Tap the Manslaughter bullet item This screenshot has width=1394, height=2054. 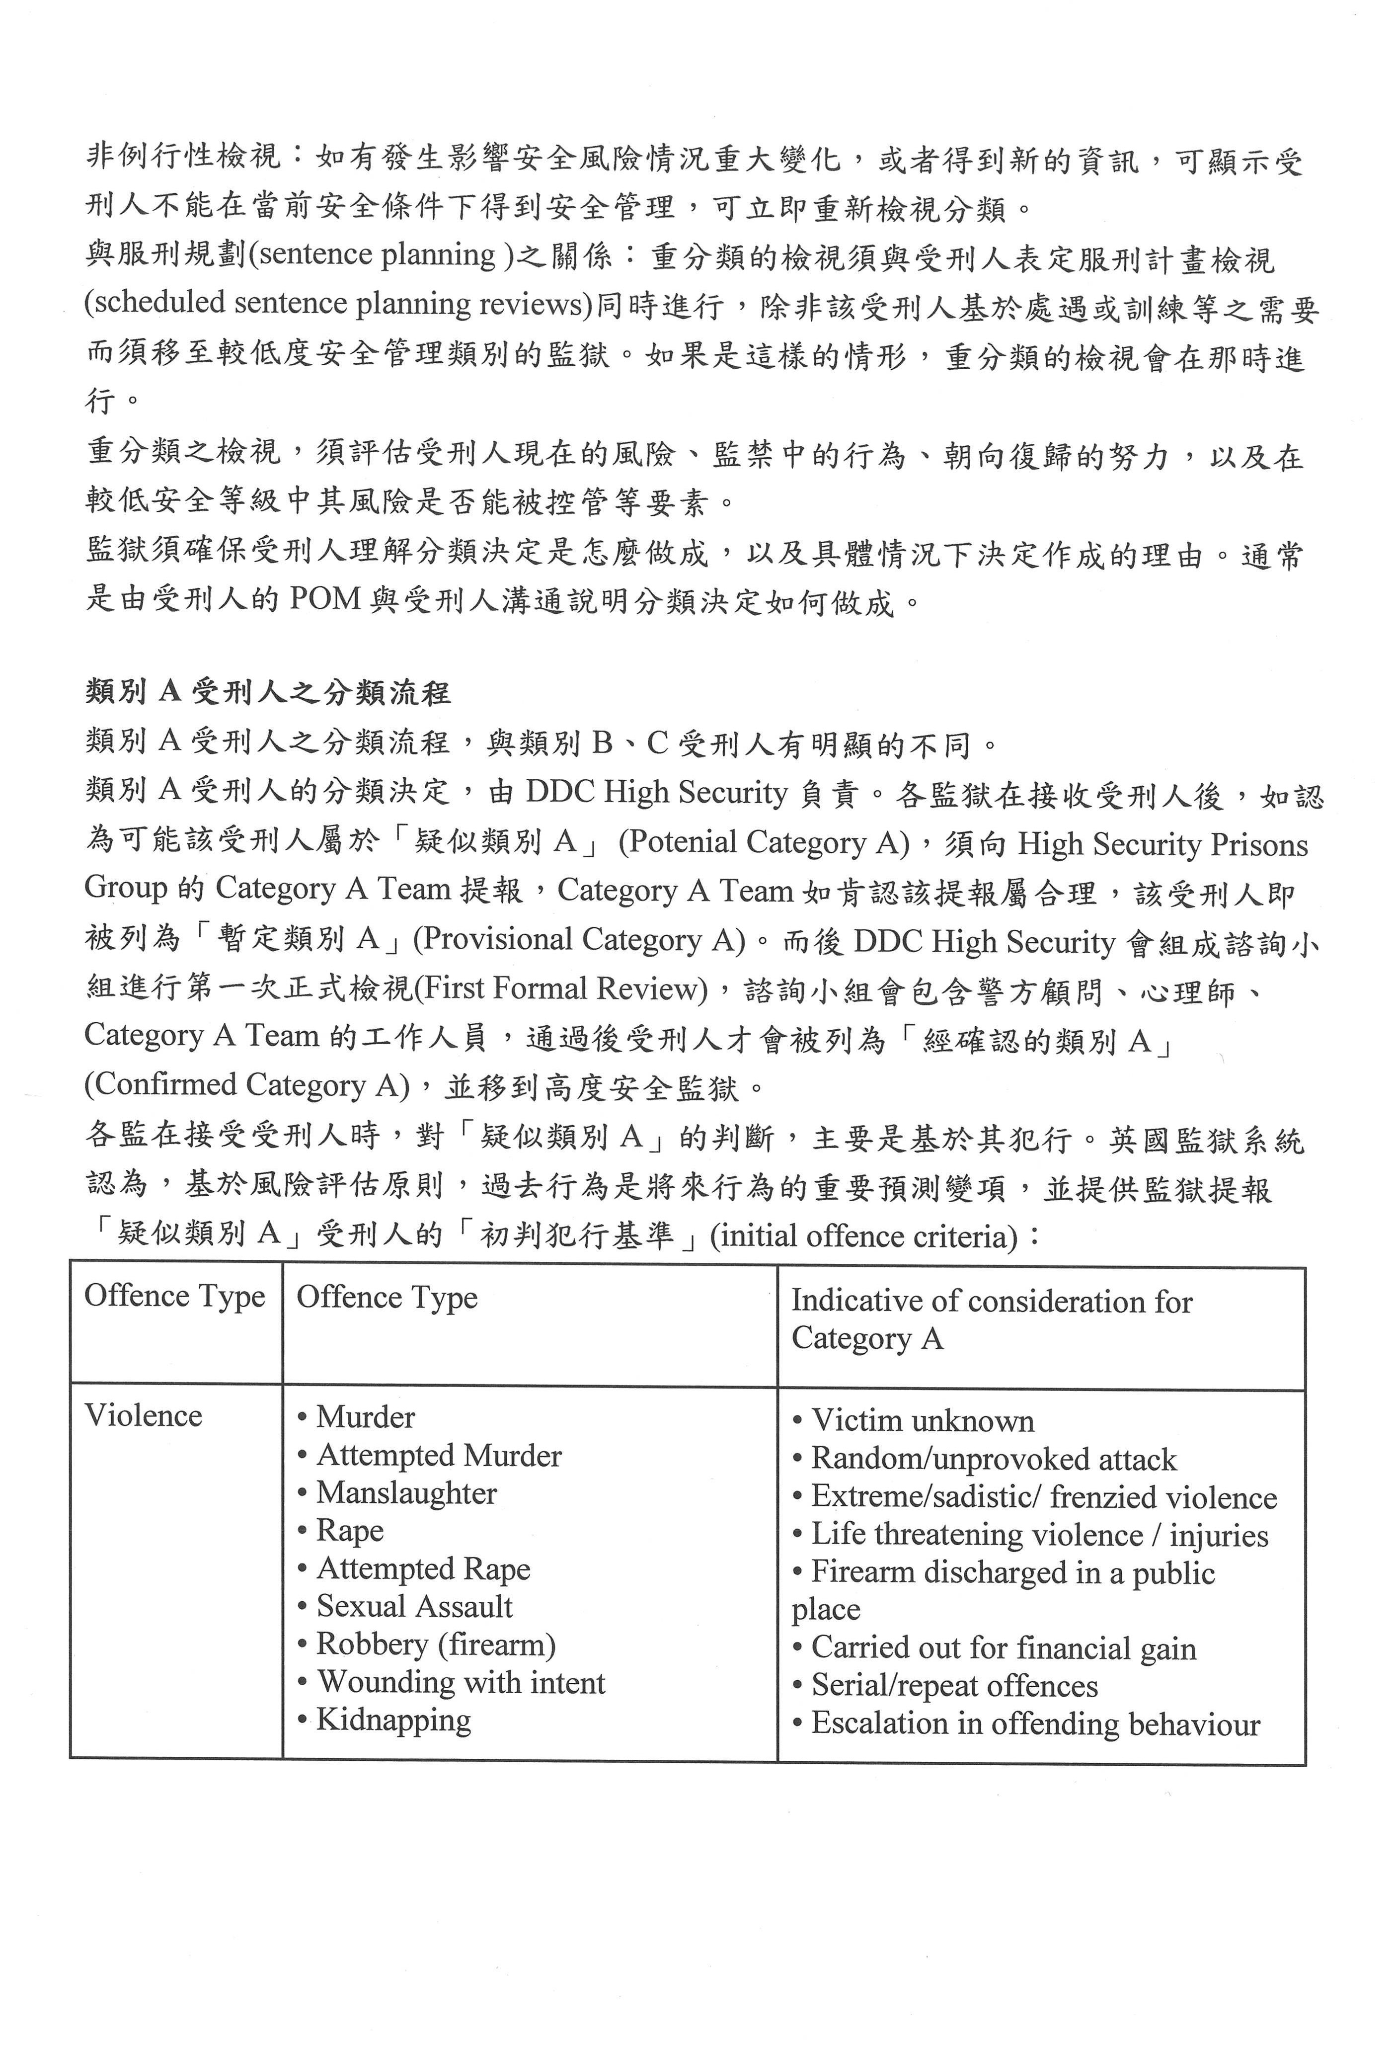tap(405, 1493)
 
